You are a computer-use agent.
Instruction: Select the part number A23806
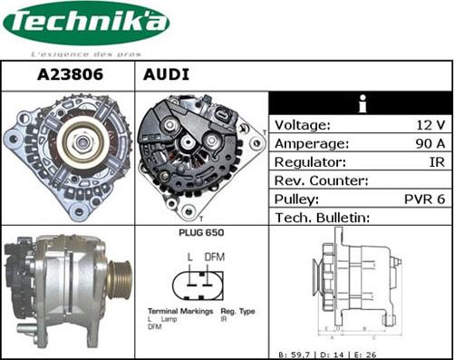[68, 75]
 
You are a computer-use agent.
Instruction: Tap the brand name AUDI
[166, 75]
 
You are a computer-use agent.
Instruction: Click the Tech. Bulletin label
[323, 218]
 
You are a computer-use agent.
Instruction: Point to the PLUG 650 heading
[202, 233]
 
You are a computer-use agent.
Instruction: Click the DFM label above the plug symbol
[213, 258]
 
